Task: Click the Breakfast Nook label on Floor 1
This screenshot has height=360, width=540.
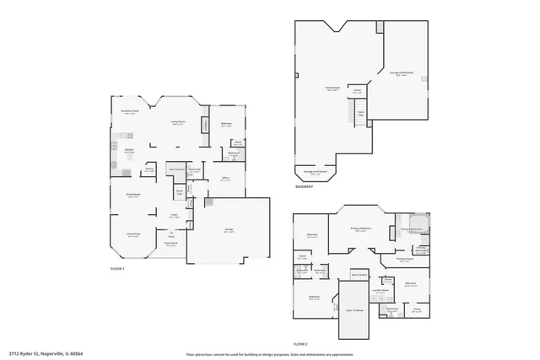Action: coord(130,112)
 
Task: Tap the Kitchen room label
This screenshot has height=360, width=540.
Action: coord(130,151)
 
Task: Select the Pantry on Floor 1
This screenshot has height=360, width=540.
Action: coord(148,169)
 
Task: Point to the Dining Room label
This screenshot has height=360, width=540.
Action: coord(133,196)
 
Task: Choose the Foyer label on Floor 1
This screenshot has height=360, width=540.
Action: coord(172,216)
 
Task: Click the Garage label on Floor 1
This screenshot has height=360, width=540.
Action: coord(228,229)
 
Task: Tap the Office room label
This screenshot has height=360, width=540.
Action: coord(225,179)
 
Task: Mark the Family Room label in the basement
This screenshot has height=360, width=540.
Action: coord(332,87)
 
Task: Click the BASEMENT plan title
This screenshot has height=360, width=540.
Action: coord(305,187)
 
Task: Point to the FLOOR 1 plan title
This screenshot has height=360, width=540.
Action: coord(117,269)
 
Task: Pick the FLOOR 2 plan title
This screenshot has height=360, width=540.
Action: coord(300,344)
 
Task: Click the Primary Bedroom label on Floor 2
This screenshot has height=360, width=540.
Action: coord(361,228)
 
